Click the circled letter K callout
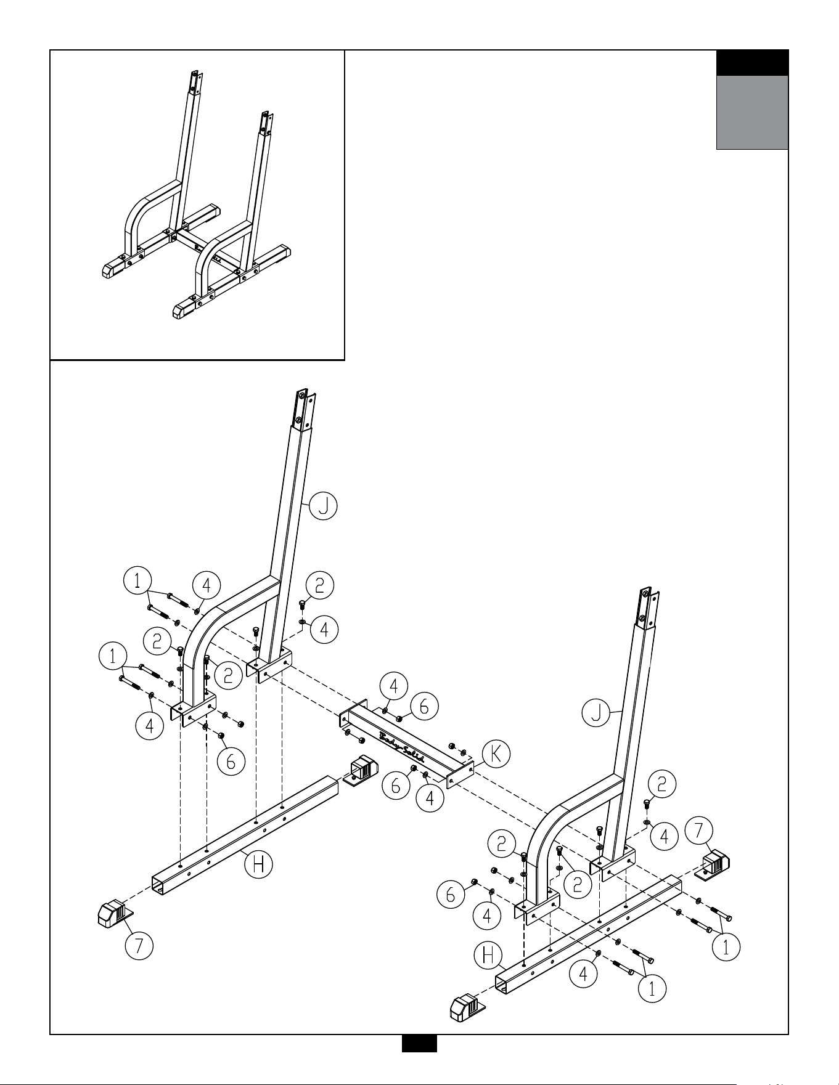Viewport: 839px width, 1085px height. (495, 754)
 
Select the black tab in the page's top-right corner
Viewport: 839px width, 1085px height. (752, 63)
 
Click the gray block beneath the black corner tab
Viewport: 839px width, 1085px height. (752, 112)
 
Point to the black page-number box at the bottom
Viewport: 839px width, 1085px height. (419, 1043)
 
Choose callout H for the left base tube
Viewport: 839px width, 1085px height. (259, 864)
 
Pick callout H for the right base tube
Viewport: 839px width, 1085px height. (488, 956)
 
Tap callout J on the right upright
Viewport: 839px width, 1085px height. (597, 713)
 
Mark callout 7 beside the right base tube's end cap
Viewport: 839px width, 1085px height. (699, 830)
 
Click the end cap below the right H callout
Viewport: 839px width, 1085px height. (467, 1007)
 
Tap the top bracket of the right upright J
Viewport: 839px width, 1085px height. (645, 608)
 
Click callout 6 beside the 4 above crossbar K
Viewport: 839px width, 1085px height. (424, 707)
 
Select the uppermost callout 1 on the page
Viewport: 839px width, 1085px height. (137, 580)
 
